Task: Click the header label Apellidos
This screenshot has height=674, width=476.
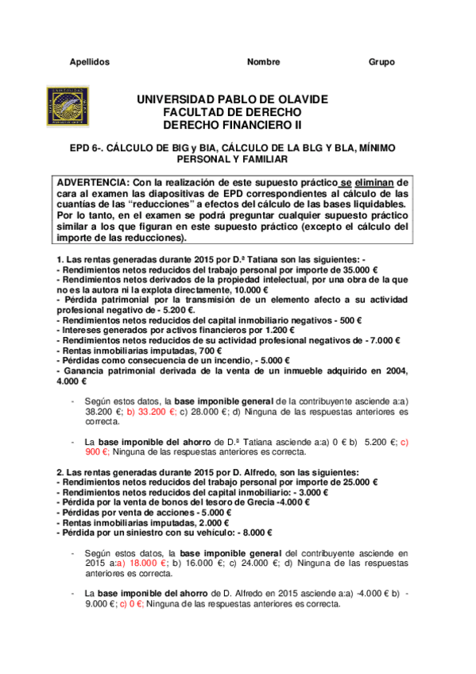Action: [89, 62]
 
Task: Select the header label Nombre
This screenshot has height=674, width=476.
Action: [263, 62]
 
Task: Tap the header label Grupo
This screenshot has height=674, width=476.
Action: [381, 62]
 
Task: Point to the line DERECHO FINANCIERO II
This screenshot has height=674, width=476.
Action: [232, 126]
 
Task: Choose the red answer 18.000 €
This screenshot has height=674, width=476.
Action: [145, 561]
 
